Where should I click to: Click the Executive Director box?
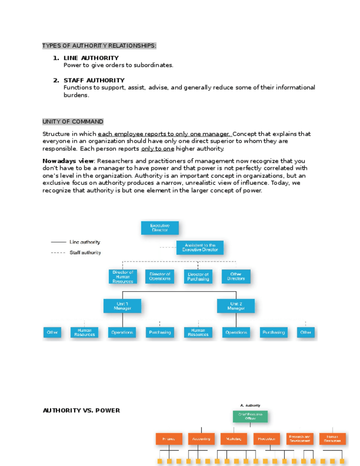(160, 228)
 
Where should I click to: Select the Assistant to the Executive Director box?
(200, 247)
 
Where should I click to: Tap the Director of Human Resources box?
(123, 276)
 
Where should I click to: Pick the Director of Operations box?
(160, 276)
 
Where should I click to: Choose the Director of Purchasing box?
(198, 276)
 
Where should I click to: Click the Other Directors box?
(236, 276)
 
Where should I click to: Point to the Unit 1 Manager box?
(122, 306)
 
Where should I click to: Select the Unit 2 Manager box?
(236, 306)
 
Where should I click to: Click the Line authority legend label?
(85, 242)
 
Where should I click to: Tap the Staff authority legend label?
(85, 253)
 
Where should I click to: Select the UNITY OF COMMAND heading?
(73, 121)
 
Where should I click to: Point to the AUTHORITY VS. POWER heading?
(81, 410)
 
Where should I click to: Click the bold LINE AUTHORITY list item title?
(91, 58)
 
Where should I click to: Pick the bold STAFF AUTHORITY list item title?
(94, 80)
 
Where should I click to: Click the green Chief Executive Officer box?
(250, 416)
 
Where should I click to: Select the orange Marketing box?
(234, 439)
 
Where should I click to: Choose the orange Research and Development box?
(300, 439)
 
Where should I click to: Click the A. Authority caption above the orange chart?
(250, 405)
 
